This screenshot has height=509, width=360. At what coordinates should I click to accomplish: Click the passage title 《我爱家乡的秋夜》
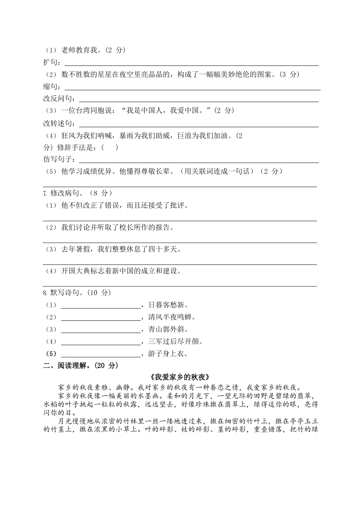[180, 377]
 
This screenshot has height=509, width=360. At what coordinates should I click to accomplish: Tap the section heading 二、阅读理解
[72, 366]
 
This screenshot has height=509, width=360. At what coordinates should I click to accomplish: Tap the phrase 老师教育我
[79, 50]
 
